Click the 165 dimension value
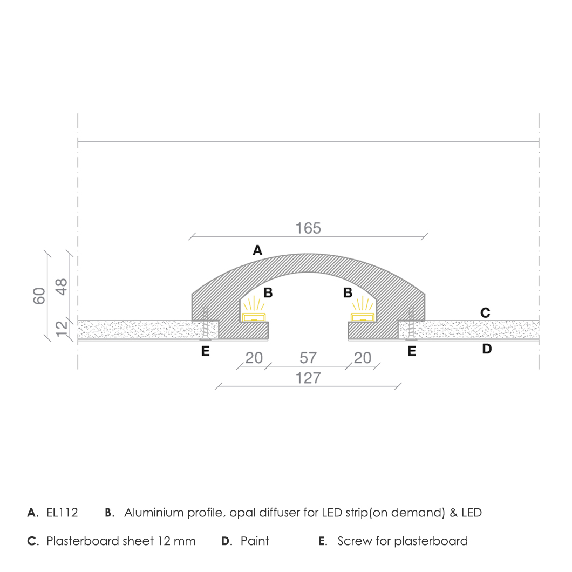pyautogui.click(x=308, y=228)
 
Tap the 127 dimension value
pyautogui.click(x=308, y=378)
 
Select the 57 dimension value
pyautogui.click(x=308, y=358)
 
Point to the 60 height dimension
pyautogui.click(x=39, y=296)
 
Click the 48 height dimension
pyautogui.click(x=62, y=287)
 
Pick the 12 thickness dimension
pyautogui.click(x=62, y=329)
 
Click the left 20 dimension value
pyautogui.click(x=254, y=358)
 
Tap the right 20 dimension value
pyautogui.click(x=363, y=358)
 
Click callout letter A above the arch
pyautogui.click(x=257, y=250)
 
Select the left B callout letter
pyautogui.click(x=268, y=292)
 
